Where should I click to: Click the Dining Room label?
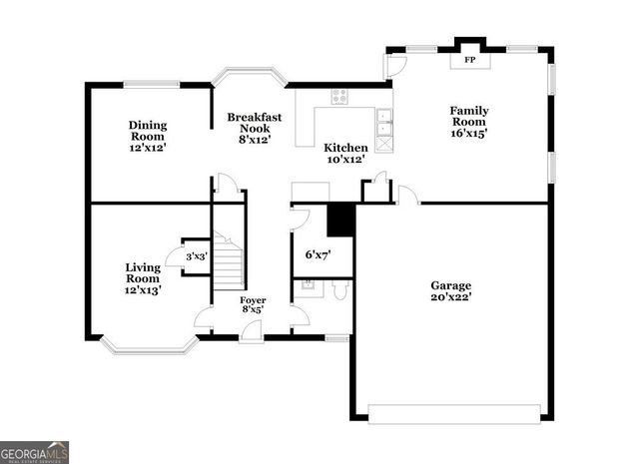[147, 136]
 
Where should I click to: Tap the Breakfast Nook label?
[255, 129]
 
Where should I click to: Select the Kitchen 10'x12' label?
[344, 153]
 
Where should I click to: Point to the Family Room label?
[468, 121]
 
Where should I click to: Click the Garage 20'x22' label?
[451, 290]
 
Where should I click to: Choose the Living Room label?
[143, 278]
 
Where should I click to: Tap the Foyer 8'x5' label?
[252, 304]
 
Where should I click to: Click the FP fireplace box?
[468, 60]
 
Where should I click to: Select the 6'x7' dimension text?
[319, 254]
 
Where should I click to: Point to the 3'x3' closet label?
[196, 256]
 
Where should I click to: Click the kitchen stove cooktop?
[339, 97]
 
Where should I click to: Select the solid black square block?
[341, 220]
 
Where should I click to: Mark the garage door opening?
[454, 410]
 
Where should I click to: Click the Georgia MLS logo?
[35, 452]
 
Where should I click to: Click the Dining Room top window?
[152, 83]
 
